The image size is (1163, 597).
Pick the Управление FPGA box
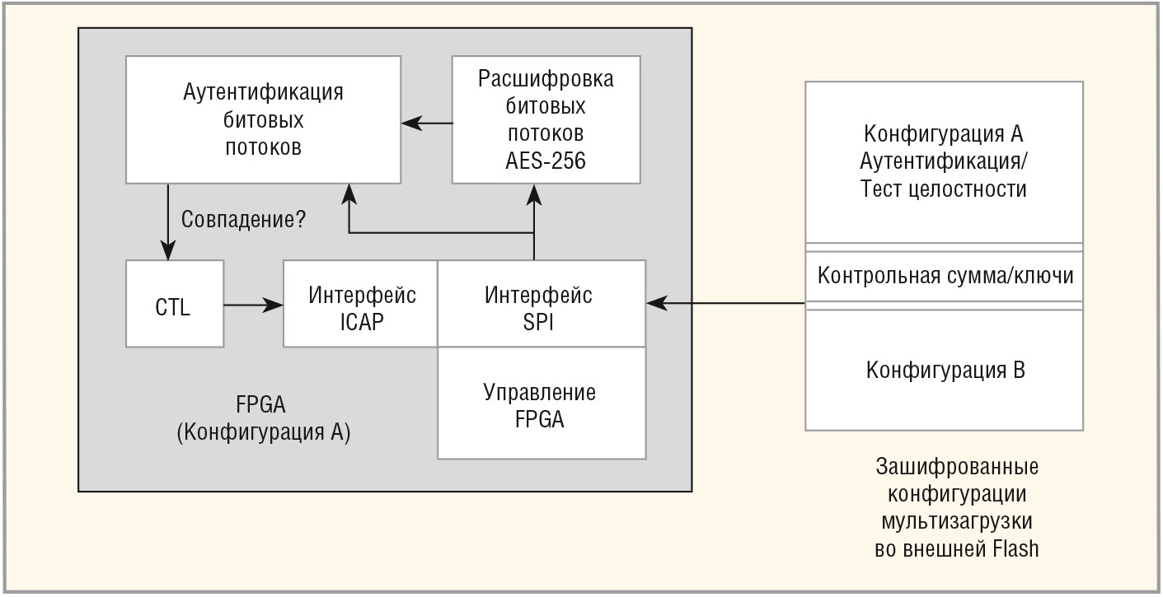541,403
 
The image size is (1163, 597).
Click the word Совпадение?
243,221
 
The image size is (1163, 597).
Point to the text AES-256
546,161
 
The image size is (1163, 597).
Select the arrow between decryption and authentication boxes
426,124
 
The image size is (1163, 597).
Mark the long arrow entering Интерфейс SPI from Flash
725,304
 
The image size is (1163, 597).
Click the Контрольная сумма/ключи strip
945,276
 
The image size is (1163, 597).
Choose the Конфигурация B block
945,370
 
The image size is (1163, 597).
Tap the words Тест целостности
945,189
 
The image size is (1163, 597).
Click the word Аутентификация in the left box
263,92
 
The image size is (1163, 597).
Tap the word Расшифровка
546,80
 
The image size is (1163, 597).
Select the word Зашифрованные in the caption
956,466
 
